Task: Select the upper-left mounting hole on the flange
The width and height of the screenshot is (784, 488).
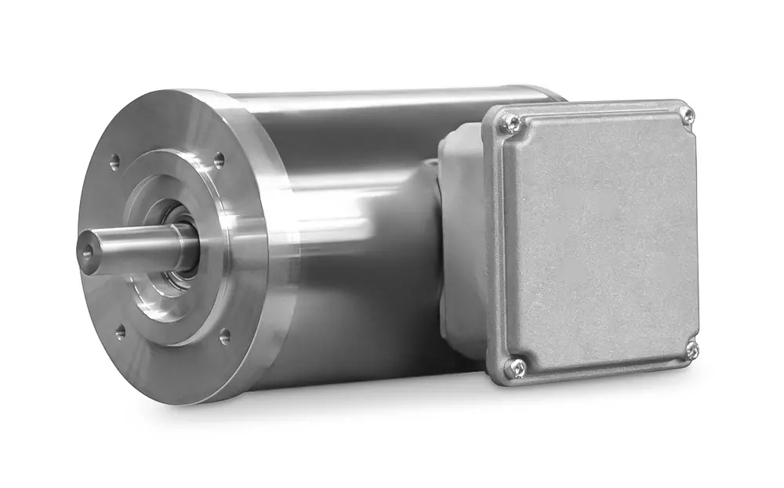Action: click(x=114, y=162)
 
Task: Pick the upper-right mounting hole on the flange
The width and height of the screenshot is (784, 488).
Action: click(x=219, y=159)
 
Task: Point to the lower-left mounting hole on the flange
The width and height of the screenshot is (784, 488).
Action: click(x=120, y=332)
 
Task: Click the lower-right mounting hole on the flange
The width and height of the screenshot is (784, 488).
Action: click(x=225, y=337)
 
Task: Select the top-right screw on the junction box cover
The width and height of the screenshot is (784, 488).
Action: click(x=688, y=116)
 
